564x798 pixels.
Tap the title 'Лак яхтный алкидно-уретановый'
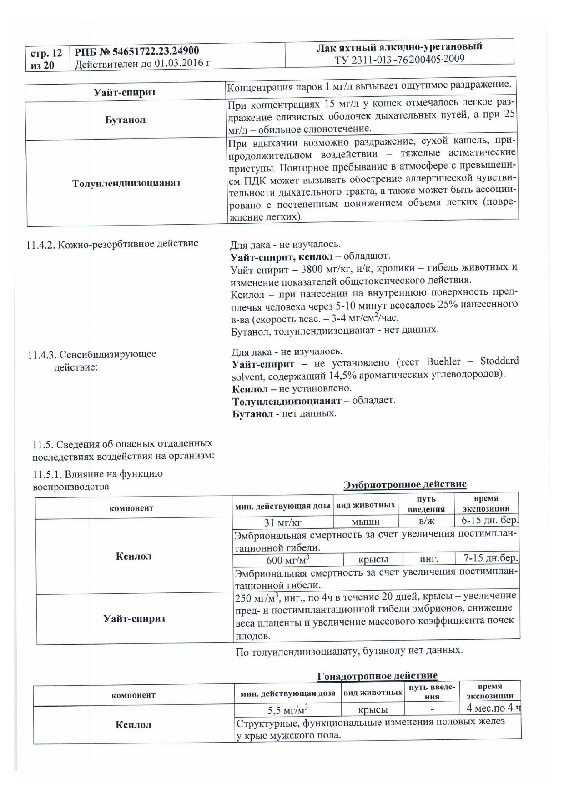tap(399, 46)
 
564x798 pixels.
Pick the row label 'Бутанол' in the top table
tap(126, 120)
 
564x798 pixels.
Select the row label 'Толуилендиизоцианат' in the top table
tap(126, 183)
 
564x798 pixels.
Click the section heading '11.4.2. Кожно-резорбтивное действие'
tap(112, 244)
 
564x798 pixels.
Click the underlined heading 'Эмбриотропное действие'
tap(405, 484)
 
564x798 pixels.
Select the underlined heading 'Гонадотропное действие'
tap(377, 676)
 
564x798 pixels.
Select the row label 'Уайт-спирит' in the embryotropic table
tap(135, 618)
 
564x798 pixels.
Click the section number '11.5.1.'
tap(47, 475)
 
